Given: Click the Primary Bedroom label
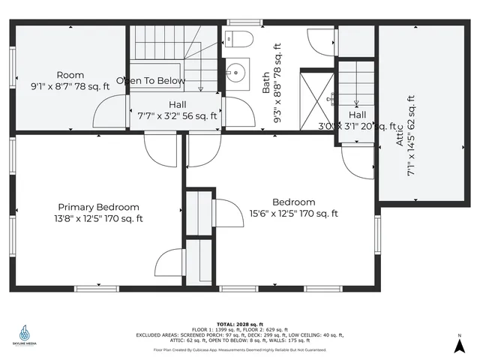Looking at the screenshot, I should [x=99, y=207].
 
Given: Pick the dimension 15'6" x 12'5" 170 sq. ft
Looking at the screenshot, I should [x=294, y=214].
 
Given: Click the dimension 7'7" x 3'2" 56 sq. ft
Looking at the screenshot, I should [x=178, y=116].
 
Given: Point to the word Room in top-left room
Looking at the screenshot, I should [x=70, y=75].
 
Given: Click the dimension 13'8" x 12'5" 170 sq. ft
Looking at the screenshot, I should [x=99, y=219].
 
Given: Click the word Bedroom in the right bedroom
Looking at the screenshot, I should [x=293, y=202].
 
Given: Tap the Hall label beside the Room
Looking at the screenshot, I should [x=178, y=104].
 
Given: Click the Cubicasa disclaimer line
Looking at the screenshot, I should [x=240, y=349].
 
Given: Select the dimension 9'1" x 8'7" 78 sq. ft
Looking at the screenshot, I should [x=70, y=86].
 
